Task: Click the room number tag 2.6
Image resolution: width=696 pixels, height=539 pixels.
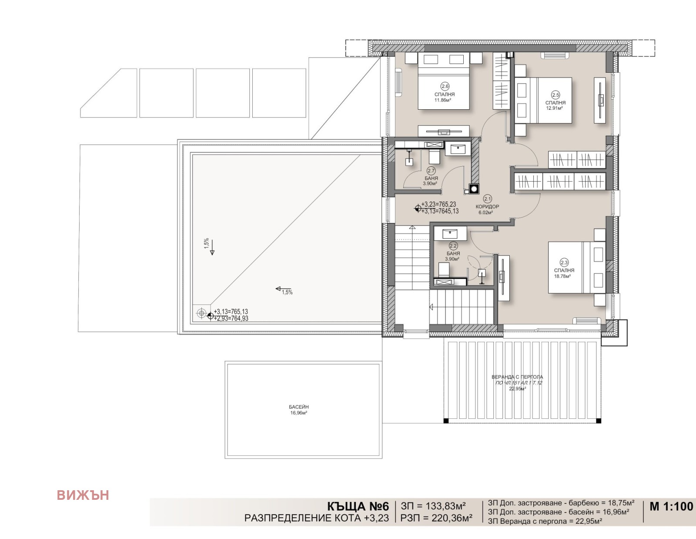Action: (x=445, y=86)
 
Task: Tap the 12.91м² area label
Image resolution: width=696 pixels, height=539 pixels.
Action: (x=555, y=108)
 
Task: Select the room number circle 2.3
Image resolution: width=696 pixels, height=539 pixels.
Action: (x=564, y=263)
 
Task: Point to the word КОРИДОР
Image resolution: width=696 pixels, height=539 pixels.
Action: (x=487, y=207)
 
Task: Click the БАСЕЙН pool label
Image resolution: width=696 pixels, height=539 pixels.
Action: (x=299, y=407)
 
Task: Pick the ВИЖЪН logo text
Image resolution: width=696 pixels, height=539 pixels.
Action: (x=83, y=495)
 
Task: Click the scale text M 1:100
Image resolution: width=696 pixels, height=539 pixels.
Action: (x=671, y=507)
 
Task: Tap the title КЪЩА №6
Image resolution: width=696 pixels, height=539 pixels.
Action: (x=358, y=507)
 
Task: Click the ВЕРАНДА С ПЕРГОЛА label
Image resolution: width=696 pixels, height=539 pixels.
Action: (x=517, y=377)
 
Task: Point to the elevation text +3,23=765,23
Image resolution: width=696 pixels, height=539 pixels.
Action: (x=438, y=204)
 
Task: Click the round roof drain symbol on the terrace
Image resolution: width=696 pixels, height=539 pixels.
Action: (x=201, y=313)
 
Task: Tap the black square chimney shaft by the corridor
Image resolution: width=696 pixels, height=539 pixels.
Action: (x=473, y=189)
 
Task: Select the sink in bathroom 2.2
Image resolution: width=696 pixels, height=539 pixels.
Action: (x=450, y=233)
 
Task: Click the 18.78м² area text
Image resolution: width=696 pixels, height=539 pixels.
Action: (x=562, y=276)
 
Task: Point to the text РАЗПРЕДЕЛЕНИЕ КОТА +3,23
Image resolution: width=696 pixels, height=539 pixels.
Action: (x=316, y=518)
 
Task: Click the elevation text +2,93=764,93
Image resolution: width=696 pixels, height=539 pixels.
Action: (x=231, y=318)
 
